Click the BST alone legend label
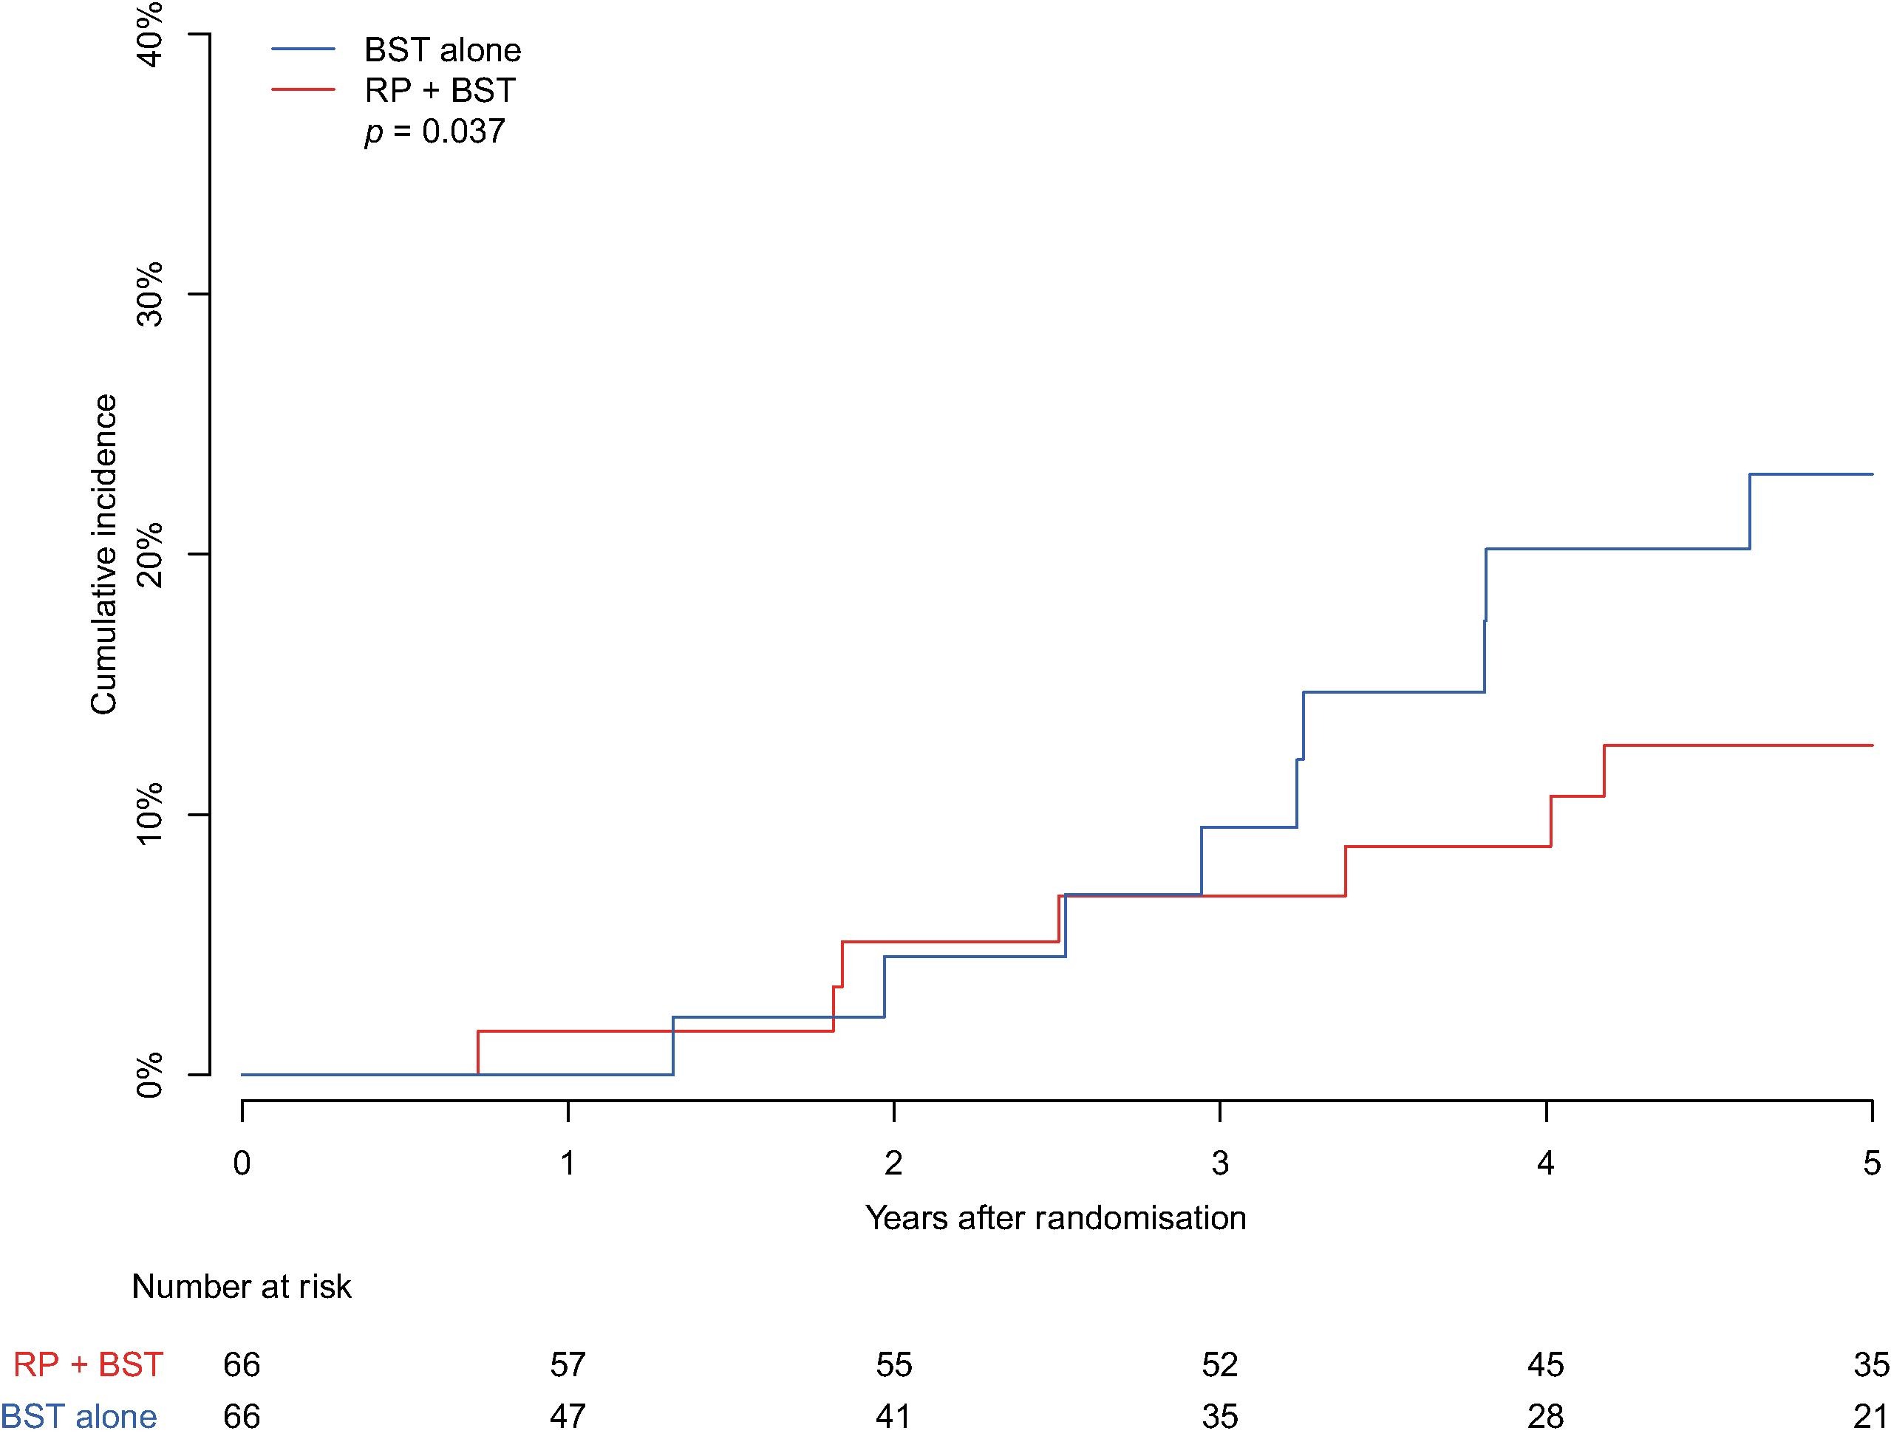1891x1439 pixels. [x=442, y=50]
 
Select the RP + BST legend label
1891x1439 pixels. [x=440, y=90]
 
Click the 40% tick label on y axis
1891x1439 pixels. [x=149, y=34]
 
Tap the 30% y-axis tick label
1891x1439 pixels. [x=149, y=294]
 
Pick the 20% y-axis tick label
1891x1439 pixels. [x=149, y=554]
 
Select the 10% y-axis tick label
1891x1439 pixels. [x=149, y=814]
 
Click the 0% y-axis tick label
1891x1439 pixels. [x=149, y=1074]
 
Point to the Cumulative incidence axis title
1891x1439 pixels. [x=103, y=554]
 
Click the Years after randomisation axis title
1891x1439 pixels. [x=1055, y=1218]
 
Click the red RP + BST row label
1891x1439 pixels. [x=88, y=1364]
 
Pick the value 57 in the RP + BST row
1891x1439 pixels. [x=568, y=1364]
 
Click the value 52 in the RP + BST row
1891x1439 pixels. [x=1220, y=1364]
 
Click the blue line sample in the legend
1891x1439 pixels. [x=303, y=49]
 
